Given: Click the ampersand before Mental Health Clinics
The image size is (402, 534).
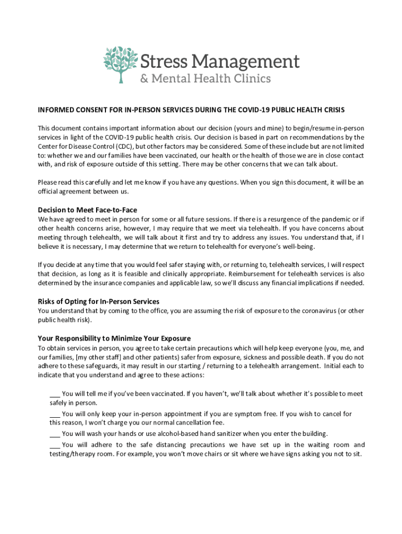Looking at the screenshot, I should pos(144,79).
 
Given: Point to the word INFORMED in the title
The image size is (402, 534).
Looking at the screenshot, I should pos(54,111).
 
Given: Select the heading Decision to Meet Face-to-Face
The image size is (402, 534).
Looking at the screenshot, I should pos(87,210).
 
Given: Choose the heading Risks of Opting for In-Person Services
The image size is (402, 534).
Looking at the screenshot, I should pos(99,301).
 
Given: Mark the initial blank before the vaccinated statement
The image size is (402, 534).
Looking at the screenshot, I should pos(55,394).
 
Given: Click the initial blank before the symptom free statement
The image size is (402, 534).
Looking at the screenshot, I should pos(55,414).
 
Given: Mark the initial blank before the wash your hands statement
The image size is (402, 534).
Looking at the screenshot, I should pos(55,434).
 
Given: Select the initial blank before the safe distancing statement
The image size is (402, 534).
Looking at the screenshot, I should pos(55,445).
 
